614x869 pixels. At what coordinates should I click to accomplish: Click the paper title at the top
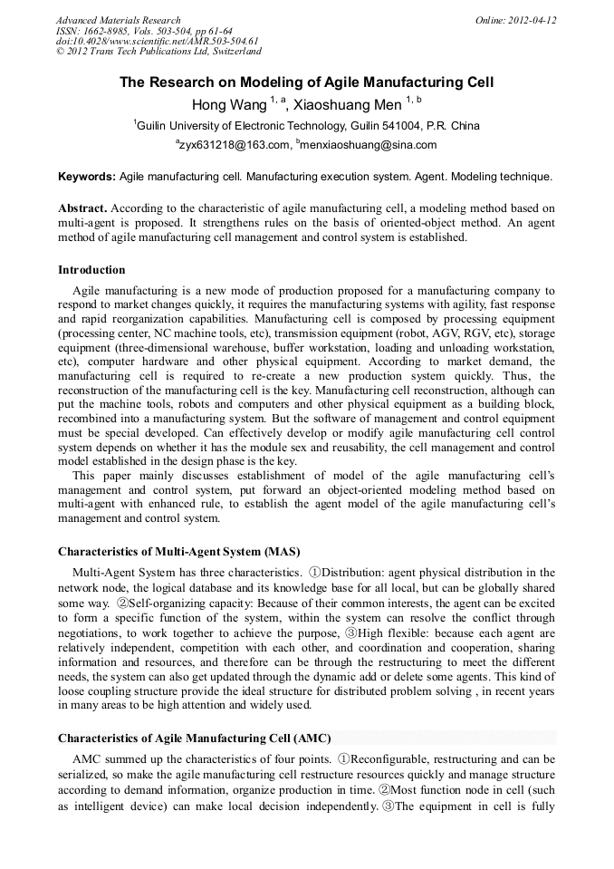(307, 82)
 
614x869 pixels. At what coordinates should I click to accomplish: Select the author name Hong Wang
(229, 105)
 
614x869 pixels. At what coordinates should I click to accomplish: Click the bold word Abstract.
(82, 208)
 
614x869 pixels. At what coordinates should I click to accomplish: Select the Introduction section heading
(91, 270)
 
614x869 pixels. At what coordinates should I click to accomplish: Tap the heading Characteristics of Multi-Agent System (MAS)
(178, 551)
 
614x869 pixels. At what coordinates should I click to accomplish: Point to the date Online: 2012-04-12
(515, 20)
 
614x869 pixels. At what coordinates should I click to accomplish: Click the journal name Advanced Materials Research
(118, 20)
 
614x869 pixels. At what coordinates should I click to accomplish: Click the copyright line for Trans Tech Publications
(158, 52)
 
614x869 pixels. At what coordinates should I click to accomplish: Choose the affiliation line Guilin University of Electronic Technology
(308, 126)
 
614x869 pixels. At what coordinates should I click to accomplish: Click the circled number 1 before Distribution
(315, 573)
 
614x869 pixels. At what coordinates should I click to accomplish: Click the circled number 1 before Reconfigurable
(343, 759)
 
